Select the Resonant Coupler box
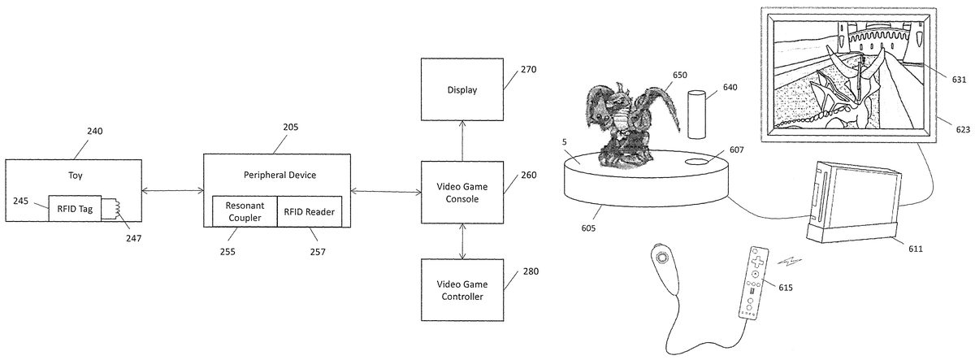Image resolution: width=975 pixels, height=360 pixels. coord(245,211)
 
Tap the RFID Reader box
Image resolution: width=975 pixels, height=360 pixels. coord(309,211)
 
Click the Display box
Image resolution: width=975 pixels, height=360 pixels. coord(461,89)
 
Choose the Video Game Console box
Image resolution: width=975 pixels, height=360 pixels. coord(461,192)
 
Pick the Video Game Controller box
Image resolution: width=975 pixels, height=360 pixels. coord(461,290)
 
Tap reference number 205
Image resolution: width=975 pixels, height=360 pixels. coord(290,127)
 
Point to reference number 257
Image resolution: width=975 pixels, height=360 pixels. coord(317,252)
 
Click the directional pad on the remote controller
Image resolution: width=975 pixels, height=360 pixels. coord(756,262)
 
